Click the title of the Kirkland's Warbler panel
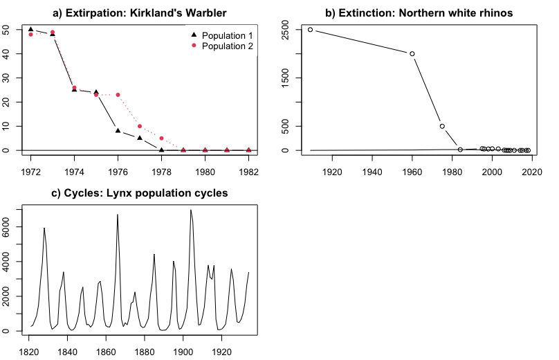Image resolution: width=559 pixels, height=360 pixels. click(139, 12)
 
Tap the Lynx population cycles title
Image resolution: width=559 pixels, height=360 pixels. click(139, 192)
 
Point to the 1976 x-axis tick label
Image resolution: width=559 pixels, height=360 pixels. click(118, 171)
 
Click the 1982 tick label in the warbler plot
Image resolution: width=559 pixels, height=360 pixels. click(249, 171)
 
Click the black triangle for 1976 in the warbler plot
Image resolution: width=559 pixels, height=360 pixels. click(118, 130)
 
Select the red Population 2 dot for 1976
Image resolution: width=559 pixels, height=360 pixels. click(118, 95)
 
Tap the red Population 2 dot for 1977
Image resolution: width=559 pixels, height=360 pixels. click(140, 126)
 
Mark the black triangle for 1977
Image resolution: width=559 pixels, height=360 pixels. click(140, 138)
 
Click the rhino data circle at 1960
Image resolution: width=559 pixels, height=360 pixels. click(412, 53)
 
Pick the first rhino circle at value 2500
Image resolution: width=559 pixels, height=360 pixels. click(310, 30)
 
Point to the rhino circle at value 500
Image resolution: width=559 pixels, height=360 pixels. click(442, 126)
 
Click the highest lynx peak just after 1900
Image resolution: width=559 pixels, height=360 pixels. click(190, 210)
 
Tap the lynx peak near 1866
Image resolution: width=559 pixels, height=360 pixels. click(118, 215)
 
